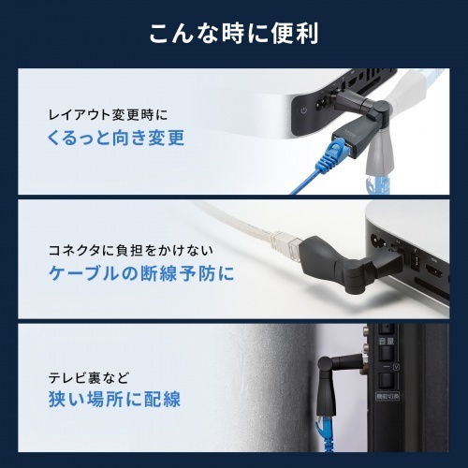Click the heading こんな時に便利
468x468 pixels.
pyautogui.click(x=234, y=34)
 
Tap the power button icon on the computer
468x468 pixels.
pyautogui.click(x=303, y=110)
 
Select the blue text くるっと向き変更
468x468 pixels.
pyautogui.click(x=116, y=138)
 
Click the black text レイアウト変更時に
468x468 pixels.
pyautogui.click(x=108, y=115)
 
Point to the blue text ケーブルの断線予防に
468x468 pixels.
pyautogui.click(x=141, y=273)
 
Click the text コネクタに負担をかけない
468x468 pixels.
pyautogui.click(x=131, y=251)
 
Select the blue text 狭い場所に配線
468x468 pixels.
pyautogui.click(x=114, y=399)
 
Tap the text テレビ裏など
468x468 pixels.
pyautogui.click(x=89, y=378)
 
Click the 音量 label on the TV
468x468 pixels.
pyautogui.click(x=387, y=341)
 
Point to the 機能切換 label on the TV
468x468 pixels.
pyautogui.click(x=388, y=397)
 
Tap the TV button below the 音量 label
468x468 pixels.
pyautogui.click(x=387, y=354)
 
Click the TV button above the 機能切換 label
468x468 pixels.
pyautogui.click(x=387, y=381)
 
